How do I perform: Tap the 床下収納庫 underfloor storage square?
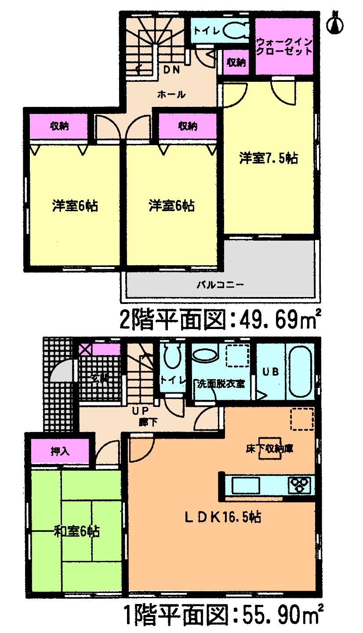pyautogui.click(x=269, y=449)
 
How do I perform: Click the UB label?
pyautogui.click(x=271, y=371)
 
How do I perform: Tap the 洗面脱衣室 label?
pyautogui.click(x=221, y=384)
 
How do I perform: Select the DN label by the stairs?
pyautogui.click(x=173, y=70)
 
